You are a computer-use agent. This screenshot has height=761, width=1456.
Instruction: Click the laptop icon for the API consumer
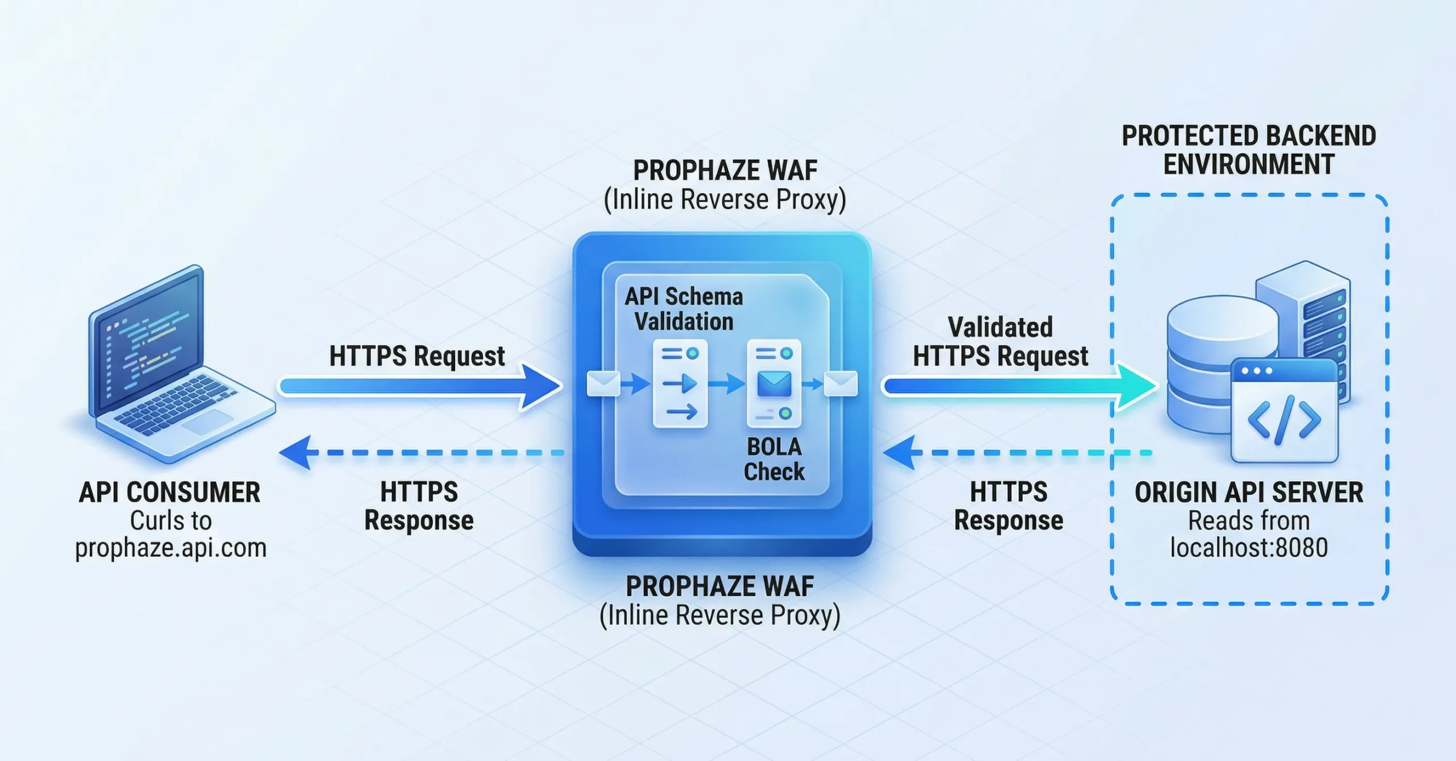(176, 364)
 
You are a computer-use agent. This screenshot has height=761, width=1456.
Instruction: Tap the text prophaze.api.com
(171, 548)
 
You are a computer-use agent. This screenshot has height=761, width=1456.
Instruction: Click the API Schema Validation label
(684, 309)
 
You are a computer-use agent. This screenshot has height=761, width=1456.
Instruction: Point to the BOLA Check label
(774, 460)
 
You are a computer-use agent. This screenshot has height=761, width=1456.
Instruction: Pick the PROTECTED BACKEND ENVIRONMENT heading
(1248, 150)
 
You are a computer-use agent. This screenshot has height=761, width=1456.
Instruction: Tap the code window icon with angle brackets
(1284, 411)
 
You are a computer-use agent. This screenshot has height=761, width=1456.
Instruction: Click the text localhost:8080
(1248, 548)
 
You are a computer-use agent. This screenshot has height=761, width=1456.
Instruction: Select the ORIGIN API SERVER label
(1248, 493)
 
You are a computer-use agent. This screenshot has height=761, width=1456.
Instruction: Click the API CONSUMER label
(169, 493)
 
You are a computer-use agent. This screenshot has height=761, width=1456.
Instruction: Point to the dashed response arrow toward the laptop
(421, 453)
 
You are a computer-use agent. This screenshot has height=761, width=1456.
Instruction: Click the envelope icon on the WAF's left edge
(603, 384)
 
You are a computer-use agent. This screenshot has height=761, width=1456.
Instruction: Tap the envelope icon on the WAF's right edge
(841, 384)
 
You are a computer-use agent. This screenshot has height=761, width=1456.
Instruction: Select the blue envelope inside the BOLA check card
(774, 384)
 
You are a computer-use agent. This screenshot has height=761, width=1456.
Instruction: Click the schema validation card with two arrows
(680, 384)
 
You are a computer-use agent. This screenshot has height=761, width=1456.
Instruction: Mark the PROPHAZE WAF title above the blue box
(725, 171)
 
